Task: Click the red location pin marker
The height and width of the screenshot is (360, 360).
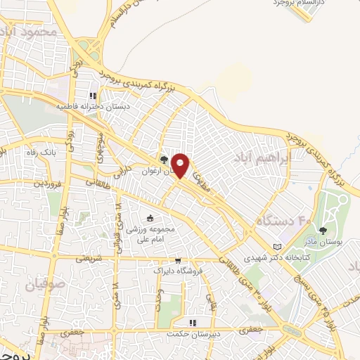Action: click(181, 165)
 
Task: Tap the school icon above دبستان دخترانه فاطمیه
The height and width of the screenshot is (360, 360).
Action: click(91, 96)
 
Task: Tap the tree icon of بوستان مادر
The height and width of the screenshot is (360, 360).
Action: click(323, 230)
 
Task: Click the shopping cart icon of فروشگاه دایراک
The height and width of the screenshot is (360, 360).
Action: click(177, 259)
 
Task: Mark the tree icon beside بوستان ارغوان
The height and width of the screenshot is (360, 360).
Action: click(164, 160)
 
